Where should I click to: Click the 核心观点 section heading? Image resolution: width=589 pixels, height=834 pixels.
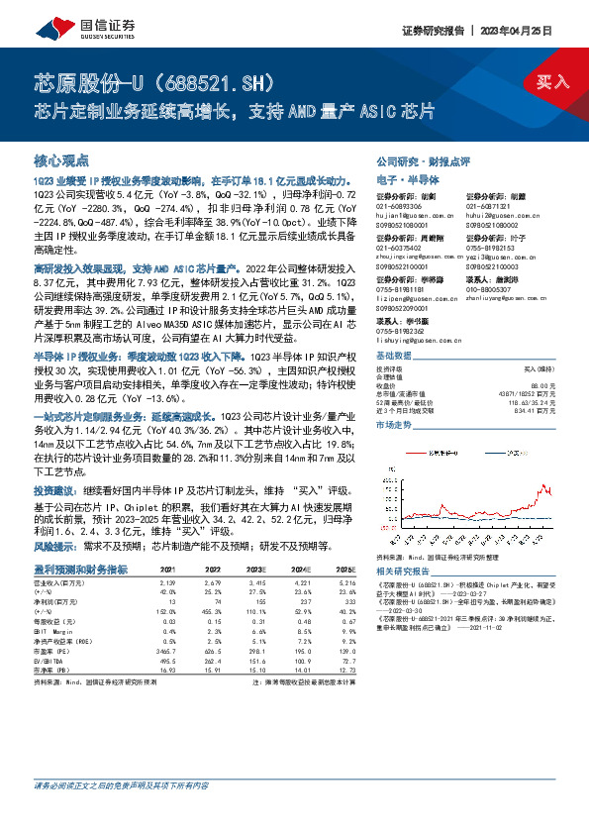(61, 160)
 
